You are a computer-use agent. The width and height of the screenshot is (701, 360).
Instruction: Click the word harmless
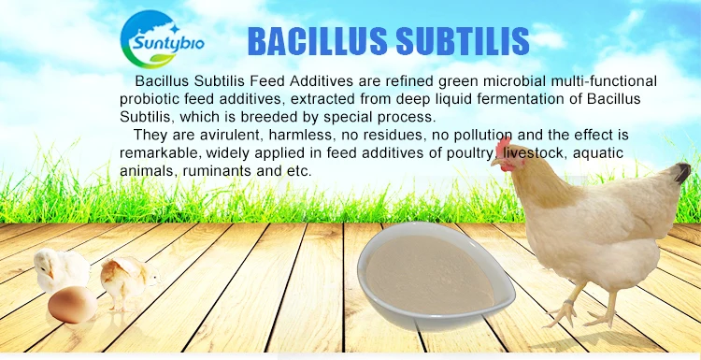pyautogui.click(x=286, y=137)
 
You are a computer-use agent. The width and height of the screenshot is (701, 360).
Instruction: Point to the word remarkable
pyautogui.click(x=156, y=153)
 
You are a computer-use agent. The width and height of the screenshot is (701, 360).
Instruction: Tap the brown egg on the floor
pyautogui.click(x=73, y=304)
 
